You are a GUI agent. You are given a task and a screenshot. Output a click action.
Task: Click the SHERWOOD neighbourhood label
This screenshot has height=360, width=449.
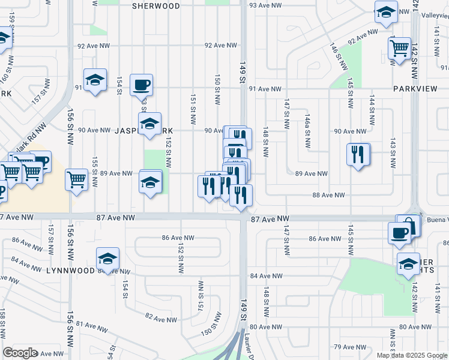pyautogui.click(x=156, y=5)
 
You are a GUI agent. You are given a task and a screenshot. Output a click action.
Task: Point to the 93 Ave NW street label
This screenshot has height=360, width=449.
pyautogui.click(x=265, y=5)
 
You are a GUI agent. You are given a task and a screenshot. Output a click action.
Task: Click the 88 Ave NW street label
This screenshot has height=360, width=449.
pyautogui.click(x=329, y=195)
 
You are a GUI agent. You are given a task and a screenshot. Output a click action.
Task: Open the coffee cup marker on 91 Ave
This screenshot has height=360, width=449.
pyautogui.click(x=141, y=85)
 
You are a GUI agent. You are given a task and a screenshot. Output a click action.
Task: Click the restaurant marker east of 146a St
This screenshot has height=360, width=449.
pyautogui.click(x=358, y=154)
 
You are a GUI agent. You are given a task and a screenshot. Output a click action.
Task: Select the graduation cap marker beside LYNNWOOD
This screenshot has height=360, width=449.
pyautogui.click(x=107, y=259)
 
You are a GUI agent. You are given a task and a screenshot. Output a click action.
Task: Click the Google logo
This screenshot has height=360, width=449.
pyautogui.click(x=20, y=353)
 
